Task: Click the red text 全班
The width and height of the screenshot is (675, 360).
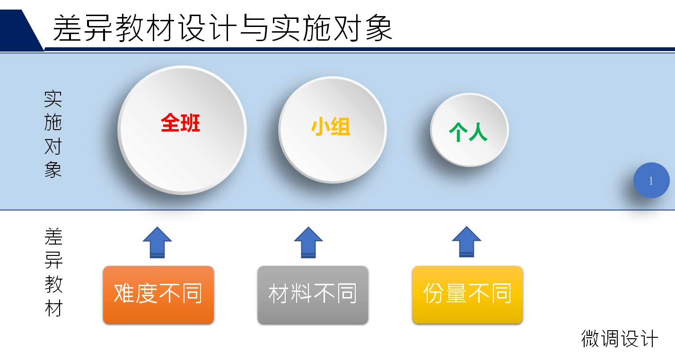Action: pyautogui.click(x=180, y=123)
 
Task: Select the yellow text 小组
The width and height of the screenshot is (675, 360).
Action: pyautogui.click(x=331, y=127)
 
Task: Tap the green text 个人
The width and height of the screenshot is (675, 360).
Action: pyautogui.click(x=468, y=132)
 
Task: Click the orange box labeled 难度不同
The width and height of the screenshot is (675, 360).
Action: pyautogui.click(x=158, y=294)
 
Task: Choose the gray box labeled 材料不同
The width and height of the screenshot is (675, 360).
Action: pyautogui.click(x=313, y=294)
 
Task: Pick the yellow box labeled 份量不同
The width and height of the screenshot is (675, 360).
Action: pyautogui.click(x=467, y=294)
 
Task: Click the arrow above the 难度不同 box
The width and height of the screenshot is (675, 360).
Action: pyautogui.click(x=157, y=242)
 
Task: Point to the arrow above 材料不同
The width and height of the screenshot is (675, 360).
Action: pyautogui.click(x=308, y=242)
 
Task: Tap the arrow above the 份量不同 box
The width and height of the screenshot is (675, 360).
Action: pyautogui.click(x=466, y=242)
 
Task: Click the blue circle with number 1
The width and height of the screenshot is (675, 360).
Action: pyautogui.click(x=651, y=181)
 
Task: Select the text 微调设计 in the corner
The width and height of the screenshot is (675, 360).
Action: pyautogui.click(x=619, y=339)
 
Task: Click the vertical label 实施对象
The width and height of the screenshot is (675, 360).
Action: pyautogui.click(x=53, y=134)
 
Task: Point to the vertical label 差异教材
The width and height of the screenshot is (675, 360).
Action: pyautogui.click(x=53, y=272)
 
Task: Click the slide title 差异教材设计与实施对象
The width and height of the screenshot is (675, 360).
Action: pyautogui.click(x=222, y=28)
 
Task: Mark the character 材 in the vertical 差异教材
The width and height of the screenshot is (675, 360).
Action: pyautogui.click(x=53, y=308)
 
